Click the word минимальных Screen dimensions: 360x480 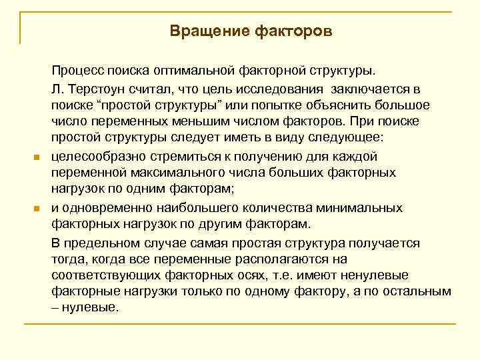coord(362,209)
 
